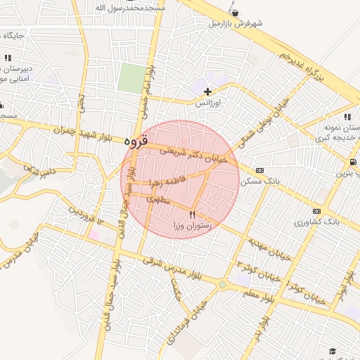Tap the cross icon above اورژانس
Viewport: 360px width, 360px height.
pos(207,91)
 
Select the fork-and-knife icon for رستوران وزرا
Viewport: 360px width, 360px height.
pos(193,214)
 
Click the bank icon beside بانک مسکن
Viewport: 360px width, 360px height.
pos(259,170)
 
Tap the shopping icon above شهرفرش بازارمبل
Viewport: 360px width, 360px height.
pos(234,12)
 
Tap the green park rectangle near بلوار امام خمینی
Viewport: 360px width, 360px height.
pos(130,77)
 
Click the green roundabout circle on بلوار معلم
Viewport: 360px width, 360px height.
pos(223,285)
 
